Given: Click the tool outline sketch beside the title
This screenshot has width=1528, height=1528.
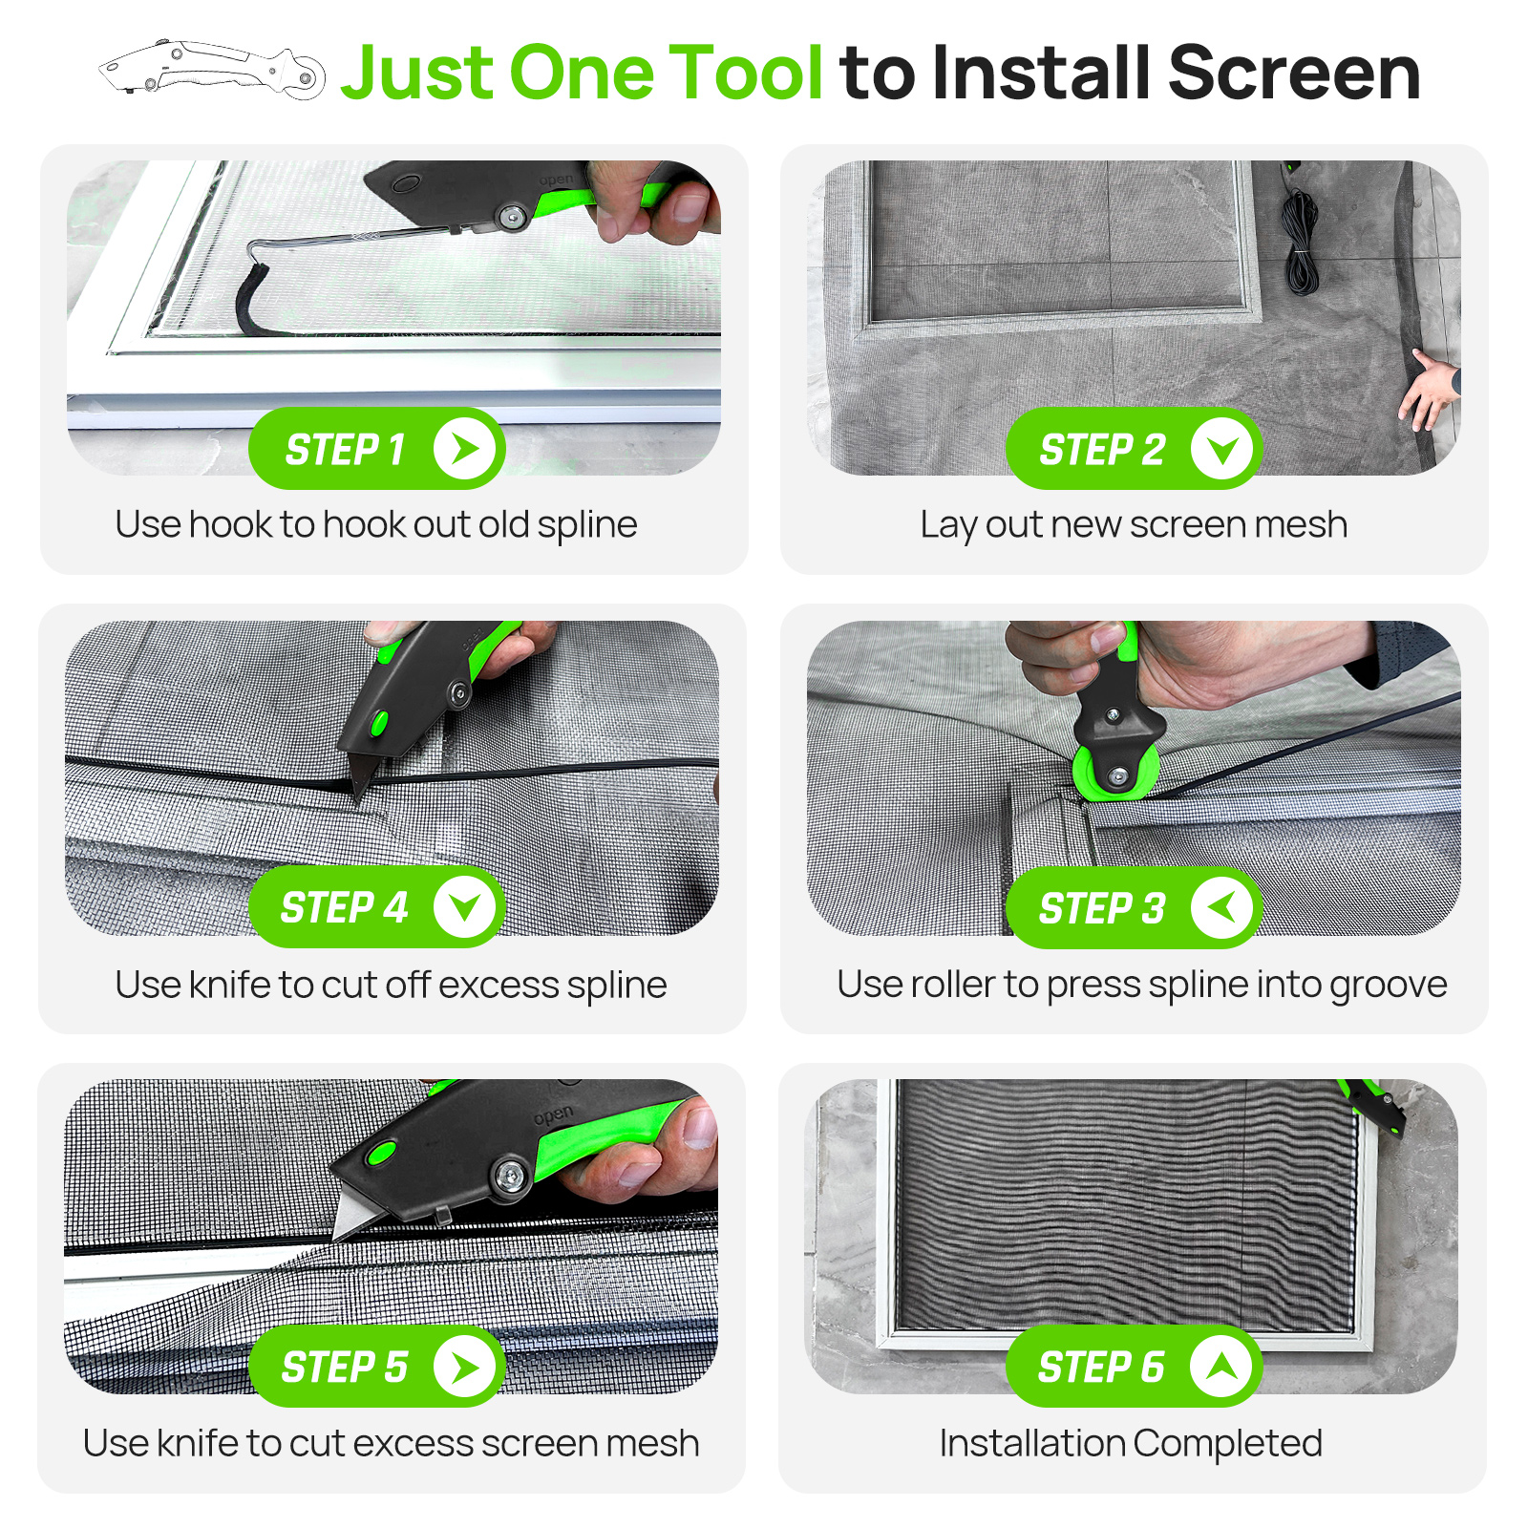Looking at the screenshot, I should (x=212, y=69).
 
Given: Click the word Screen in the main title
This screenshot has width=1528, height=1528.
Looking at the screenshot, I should (x=1294, y=73).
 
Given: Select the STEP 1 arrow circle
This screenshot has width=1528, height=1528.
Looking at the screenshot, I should (x=464, y=448).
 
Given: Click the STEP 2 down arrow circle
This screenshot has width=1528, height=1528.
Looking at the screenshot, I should (x=1221, y=448).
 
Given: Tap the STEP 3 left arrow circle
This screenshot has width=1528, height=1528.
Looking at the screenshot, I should (x=1221, y=907).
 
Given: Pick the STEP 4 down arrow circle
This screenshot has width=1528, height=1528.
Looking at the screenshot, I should (x=464, y=907).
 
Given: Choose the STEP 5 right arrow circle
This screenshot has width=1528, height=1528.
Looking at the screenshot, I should (x=464, y=1367).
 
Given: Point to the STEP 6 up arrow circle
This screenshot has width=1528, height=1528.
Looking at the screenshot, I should (x=1221, y=1367).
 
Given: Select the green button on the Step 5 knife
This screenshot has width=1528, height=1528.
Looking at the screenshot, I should (x=382, y=1153).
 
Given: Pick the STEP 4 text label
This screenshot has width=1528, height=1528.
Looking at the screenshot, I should (x=344, y=907).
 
